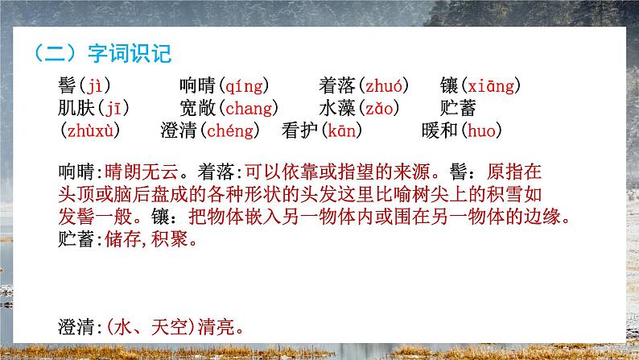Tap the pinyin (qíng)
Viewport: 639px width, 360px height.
click(244, 86)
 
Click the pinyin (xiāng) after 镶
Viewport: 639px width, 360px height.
click(492, 86)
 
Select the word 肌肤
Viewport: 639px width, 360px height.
click(77, 108)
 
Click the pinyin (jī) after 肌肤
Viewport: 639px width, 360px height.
click(113, 108)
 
